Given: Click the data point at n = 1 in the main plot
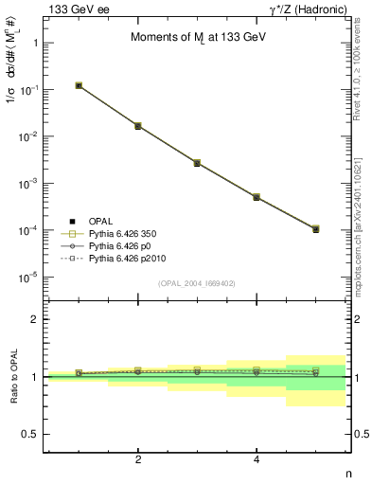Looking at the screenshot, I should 80,85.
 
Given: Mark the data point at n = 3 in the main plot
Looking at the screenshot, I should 197,163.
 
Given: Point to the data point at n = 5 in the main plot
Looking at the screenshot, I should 315,229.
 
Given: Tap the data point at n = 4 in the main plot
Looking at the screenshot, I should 257,197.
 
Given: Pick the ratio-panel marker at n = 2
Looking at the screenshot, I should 138,371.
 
